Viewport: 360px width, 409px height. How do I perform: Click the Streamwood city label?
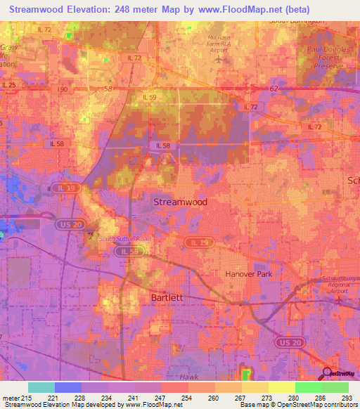pos(180,202)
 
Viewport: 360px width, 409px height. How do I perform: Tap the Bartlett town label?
pos(167,297)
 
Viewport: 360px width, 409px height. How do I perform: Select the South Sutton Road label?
pos(124,239)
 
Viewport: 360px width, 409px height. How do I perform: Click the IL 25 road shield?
pos(8,85)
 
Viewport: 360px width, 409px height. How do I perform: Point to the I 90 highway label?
pos(64,90)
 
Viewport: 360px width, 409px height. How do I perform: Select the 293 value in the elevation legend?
pos(346,398)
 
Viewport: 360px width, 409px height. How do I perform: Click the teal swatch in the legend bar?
pos(41,387)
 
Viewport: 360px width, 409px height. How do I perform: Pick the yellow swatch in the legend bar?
pos(281,387)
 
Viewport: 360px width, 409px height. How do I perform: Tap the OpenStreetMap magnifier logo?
pos(328,372)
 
